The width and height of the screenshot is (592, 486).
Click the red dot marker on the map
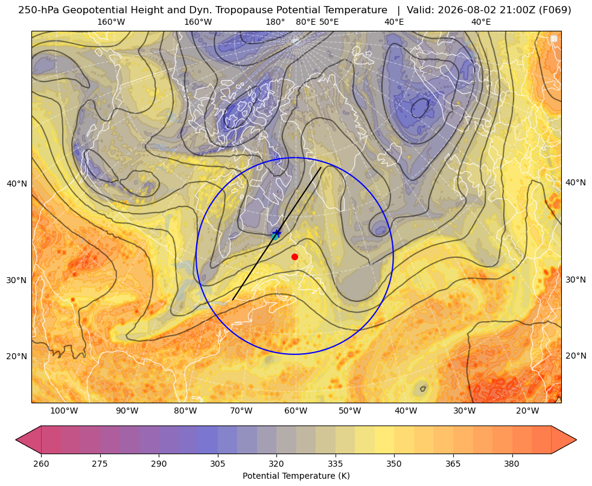(295, 257)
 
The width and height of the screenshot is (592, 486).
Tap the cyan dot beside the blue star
(275, 237)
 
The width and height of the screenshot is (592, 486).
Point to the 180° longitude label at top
(275, 22)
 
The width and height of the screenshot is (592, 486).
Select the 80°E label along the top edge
(305, 22)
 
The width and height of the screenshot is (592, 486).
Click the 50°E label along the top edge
(329, 22)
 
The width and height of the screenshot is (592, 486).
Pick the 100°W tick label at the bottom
(64, 411)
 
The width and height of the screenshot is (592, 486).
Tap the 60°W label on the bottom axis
(296, 411)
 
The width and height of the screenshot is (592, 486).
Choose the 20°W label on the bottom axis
(527, 411)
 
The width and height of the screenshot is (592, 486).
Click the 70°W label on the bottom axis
(241, 411)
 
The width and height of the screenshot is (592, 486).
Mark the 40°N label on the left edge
(17, 184)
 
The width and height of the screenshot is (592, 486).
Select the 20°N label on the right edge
(576, 356)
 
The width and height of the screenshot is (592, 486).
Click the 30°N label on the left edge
(17, 281)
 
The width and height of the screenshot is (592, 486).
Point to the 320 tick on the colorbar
(276, 464)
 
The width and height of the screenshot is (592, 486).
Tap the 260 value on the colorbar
(41, 464)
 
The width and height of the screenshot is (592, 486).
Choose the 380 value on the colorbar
(512, 464)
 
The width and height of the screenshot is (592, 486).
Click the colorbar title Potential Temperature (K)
(296, 476)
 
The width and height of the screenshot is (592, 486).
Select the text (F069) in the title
(556, 10)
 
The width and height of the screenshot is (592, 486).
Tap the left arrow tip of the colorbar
(16, 440)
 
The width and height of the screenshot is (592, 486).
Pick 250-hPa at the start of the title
(39, 10)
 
